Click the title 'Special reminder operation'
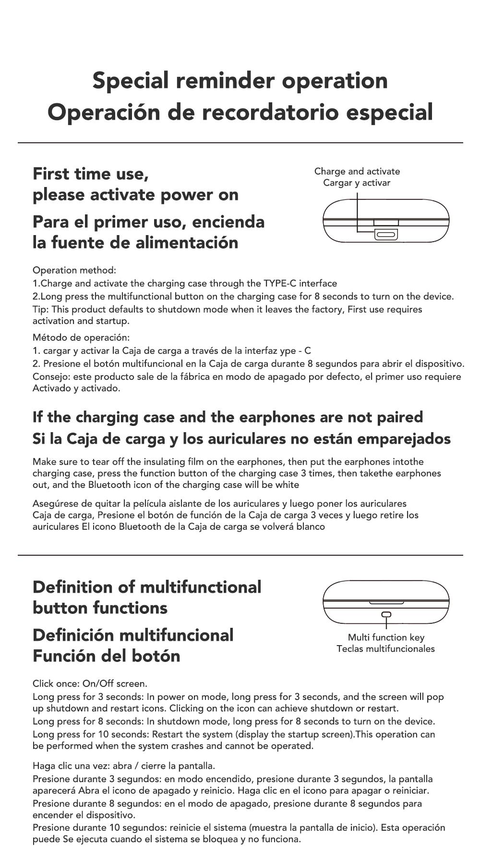[240, 80]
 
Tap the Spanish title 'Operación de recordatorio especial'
[240, 112]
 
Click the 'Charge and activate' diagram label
[357, 171]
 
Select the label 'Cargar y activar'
[357, 183]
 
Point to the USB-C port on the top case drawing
[386, 235]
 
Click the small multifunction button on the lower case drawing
[386, 614]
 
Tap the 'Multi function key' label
[386, 637]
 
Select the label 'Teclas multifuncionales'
[385, 648]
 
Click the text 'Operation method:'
[74, 270]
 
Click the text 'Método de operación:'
[81, 337]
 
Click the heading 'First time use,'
[90, 174]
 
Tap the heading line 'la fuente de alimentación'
[135, 242]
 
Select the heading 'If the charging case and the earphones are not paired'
[228, 417]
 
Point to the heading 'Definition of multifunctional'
[147, 587]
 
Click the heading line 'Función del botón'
[106, 656]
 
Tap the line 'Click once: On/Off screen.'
[90, 684]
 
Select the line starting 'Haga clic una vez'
[123, 766]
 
